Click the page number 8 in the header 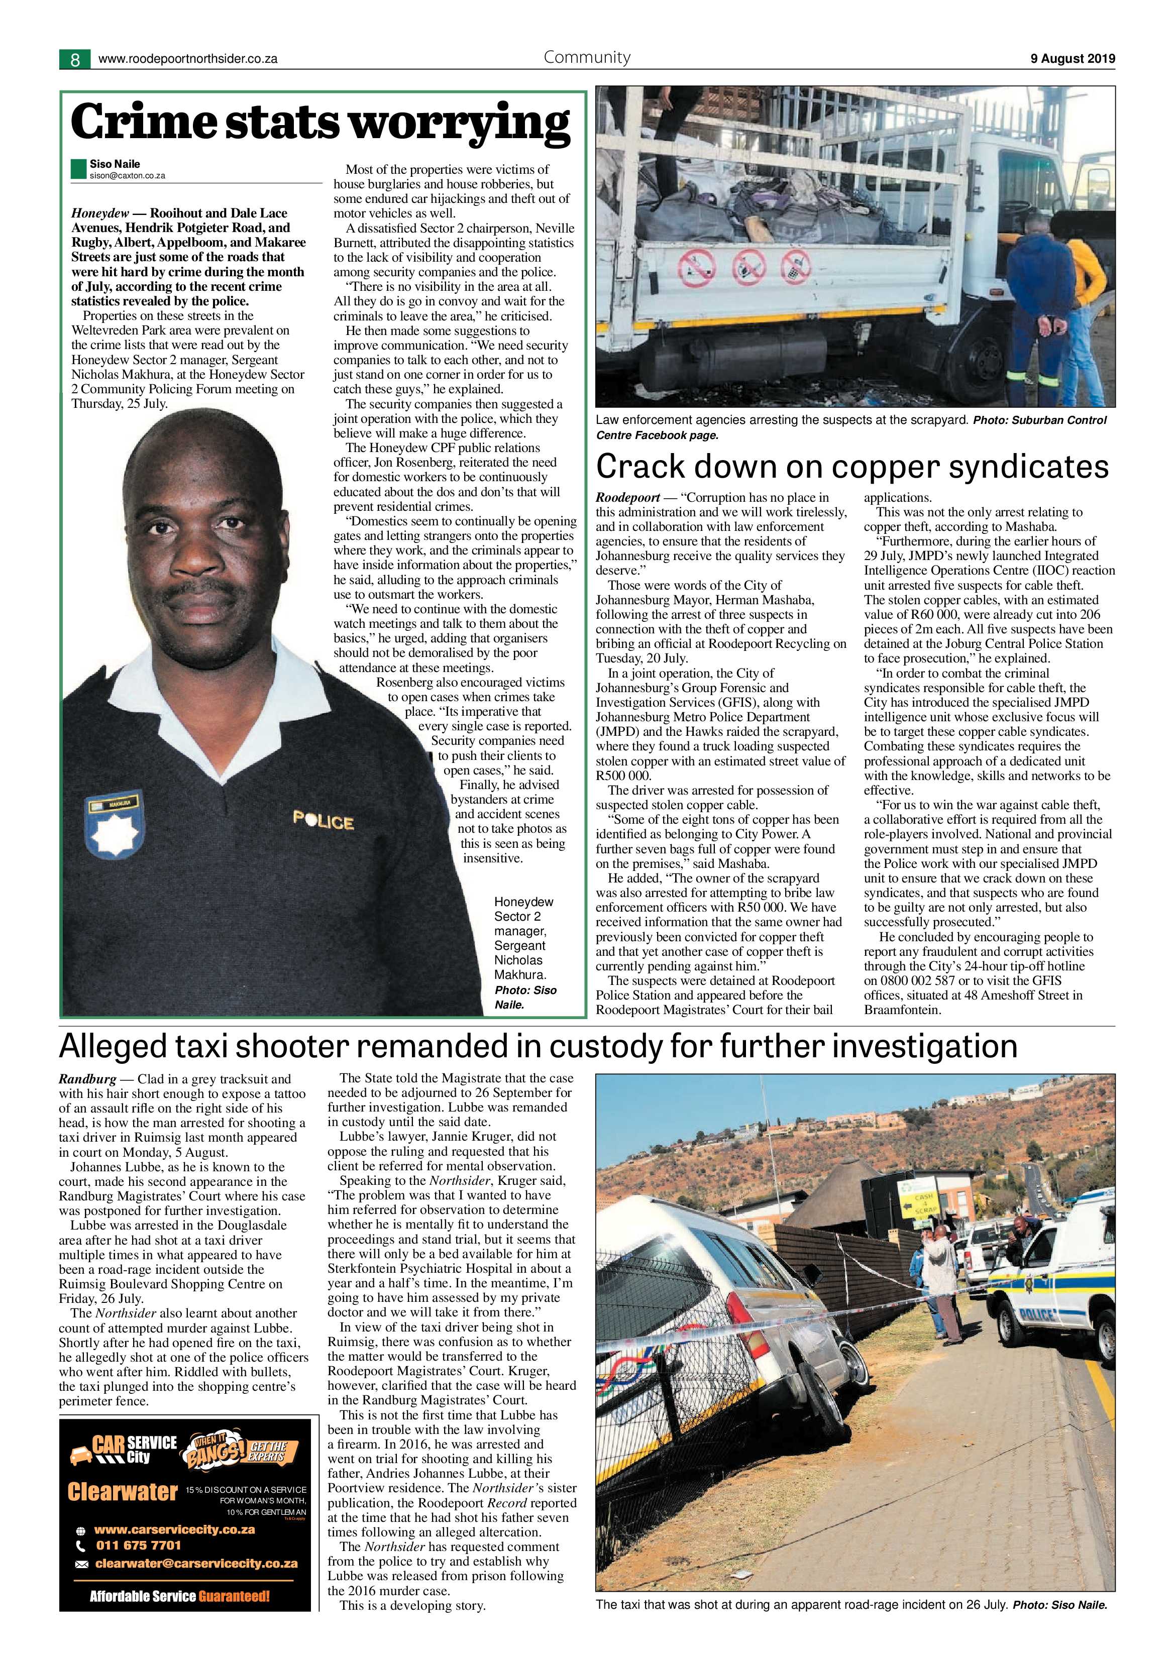[74, 59]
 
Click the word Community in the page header [587, 58]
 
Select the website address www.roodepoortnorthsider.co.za [187, 59]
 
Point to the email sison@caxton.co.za [127, 176]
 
